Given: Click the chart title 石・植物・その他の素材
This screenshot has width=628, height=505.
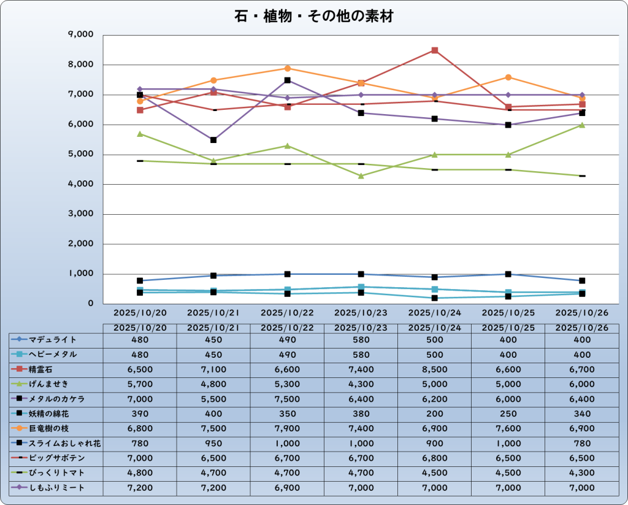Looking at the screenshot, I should point(313,17).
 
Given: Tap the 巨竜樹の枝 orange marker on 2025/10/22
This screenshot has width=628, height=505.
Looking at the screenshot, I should point(287,68).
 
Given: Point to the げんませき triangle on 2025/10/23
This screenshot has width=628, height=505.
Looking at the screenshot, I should point(361,176).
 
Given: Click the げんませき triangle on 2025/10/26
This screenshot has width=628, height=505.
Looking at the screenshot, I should point(582,125).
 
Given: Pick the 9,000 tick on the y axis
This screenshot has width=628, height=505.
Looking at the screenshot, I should point(80,35).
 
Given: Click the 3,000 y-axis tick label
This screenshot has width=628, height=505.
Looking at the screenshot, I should point(80,214).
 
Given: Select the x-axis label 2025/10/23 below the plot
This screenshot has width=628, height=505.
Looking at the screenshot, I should point(361,313).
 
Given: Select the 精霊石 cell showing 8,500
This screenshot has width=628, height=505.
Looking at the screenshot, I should point(435,369).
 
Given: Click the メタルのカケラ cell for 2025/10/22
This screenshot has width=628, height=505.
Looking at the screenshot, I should point(287,399).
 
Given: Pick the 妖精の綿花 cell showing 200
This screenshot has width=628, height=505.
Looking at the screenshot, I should point(435,414).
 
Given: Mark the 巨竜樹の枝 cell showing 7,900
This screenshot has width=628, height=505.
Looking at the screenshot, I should point(287,428).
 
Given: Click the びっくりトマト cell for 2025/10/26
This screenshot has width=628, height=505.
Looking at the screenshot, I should point(582,473).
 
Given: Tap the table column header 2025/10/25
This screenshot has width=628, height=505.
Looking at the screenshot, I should point(508,328).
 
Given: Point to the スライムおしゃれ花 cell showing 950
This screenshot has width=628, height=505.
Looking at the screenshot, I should point(213,444).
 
